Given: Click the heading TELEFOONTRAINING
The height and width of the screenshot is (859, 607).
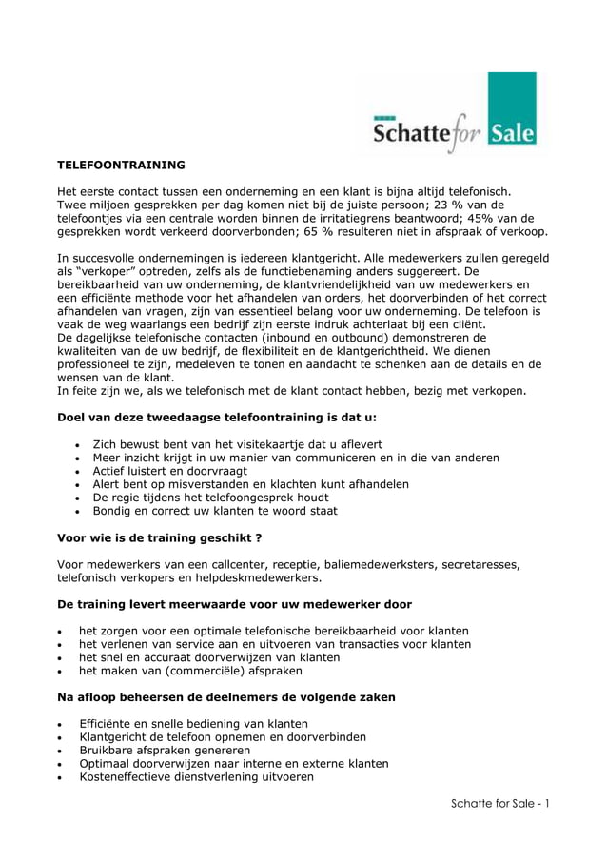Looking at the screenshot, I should pos(121,166).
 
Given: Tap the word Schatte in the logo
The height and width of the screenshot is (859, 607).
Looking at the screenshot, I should pos(410,135).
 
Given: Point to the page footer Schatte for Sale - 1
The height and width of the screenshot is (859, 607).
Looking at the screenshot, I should pos(501,802).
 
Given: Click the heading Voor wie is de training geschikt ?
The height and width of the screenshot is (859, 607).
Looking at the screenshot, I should pos(160,537).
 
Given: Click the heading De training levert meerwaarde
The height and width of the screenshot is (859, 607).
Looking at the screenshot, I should pos(235,604).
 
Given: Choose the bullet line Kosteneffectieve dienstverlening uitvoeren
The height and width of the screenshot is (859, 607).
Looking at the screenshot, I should pos(196,776).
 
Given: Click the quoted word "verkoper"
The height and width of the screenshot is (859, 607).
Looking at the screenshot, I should pos(108,271).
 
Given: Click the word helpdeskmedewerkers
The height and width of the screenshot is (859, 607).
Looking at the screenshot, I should pos(258,577).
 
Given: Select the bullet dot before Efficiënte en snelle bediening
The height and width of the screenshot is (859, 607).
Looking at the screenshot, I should pos(62,724).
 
